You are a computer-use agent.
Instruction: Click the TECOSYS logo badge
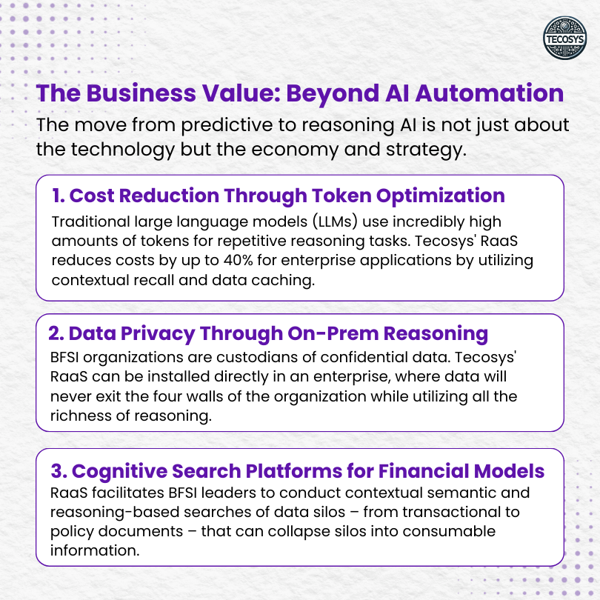coord(564,38)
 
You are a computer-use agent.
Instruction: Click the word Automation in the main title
coord(490,93)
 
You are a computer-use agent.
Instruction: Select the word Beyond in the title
coord(333,94)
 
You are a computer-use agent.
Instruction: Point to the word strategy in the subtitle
coord(426,150)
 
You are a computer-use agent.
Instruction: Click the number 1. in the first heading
coord(59,196)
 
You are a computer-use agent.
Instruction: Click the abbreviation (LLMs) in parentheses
coord(335,222)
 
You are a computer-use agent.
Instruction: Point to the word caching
coord(283,281)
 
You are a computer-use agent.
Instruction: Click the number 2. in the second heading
coord(56,333)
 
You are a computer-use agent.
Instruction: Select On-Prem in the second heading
coord(333,333)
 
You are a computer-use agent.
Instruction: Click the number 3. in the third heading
coord(59,471)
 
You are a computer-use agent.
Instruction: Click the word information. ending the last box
coord(95,550)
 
